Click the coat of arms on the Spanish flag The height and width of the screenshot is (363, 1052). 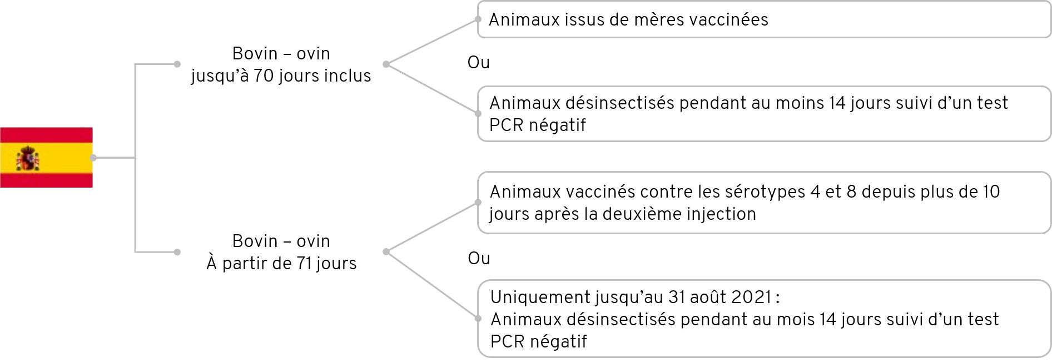[28, 158]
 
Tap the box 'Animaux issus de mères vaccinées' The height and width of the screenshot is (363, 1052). [764, 19]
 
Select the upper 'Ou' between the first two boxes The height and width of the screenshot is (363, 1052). [478, 62]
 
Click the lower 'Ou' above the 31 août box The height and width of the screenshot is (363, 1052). [479, 258]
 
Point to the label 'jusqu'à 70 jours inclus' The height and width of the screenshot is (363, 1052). [281, 76]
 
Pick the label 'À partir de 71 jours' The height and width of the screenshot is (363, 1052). [281, 263]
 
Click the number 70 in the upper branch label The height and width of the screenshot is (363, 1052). [264, 75]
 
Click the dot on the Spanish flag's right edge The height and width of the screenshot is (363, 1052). [93, 158]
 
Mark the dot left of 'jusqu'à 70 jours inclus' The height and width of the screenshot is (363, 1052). [177, 64]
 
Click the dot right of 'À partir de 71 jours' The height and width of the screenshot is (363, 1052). [386, 252]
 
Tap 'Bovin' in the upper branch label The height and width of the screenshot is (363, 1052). [255, 54]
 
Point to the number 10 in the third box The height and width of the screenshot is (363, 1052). [991, 192]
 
